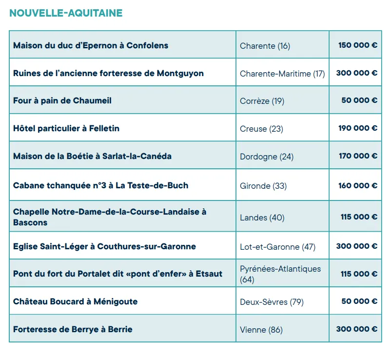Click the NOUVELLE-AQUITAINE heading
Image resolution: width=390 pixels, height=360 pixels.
[x=66, y=13]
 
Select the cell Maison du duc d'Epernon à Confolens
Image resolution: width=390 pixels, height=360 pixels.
[x=91, y=45]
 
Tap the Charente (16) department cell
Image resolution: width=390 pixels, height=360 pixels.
[x=265, y=46]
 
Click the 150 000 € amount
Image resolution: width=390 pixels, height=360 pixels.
[x=358, y=45]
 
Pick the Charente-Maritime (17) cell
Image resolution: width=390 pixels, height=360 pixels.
[x=282, y=74]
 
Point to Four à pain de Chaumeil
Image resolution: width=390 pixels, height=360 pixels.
[x=62, y=100]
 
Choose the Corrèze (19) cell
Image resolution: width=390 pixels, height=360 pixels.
[x=262, y=101]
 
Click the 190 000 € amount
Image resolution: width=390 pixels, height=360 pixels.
[x=358, y=128]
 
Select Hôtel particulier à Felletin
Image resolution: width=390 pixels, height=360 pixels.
[x=66, y=128]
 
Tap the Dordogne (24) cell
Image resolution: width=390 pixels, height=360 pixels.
[x=267, y=157]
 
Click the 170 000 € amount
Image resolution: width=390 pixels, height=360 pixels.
[x=358, y=156]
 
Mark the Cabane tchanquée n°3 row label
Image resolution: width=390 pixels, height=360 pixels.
[x=100, y=185]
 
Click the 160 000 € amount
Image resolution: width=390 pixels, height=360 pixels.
[x=358, y=185]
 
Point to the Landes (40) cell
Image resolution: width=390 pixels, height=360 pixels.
[x=262, y=218]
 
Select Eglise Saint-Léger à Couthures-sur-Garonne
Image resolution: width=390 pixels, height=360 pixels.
[x=104, y=246]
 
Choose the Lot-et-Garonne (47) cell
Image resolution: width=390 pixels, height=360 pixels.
[x=277, y=247]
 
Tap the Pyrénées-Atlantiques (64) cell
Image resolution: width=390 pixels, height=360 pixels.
[x=280, y=274]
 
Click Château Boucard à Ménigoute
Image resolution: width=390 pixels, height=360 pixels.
[x=75, y=301]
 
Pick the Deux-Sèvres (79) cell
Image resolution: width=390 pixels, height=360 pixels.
[x=272, y=302]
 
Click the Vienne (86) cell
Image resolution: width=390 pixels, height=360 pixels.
[x=261, y=330]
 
